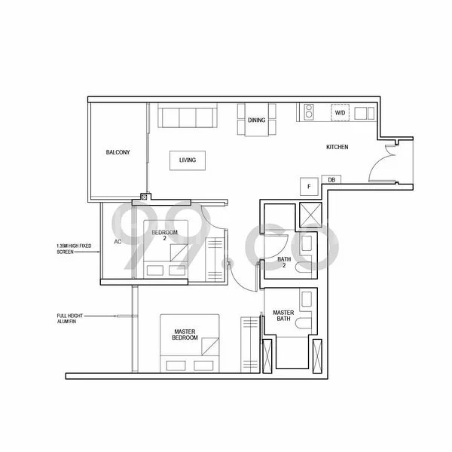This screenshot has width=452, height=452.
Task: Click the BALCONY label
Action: (118, 153)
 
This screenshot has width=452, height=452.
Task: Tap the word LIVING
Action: (188, 160)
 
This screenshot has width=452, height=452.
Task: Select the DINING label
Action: (256, 121)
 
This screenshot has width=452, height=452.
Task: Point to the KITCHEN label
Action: (337, 148)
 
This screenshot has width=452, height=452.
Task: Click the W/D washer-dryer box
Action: (340, 113)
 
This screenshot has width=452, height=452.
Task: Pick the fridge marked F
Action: (307, 186)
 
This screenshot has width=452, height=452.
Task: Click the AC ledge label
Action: (118, 242)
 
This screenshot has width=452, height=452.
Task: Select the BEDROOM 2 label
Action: (164, 236)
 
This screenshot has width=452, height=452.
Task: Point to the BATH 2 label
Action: (284, 263)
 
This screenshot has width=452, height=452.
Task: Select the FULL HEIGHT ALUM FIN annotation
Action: (70, 317)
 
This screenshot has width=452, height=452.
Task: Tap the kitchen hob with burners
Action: (307, 113)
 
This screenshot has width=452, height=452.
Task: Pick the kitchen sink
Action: (364, 113)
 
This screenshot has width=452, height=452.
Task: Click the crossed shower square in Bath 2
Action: (310, 215)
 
